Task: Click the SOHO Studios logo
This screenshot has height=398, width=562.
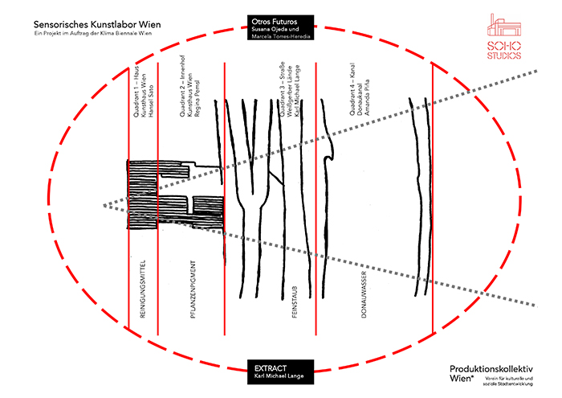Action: [x=503, y=36]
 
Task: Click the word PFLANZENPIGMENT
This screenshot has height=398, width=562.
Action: [x=193, y=291]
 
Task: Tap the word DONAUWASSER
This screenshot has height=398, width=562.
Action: [x=364, y=297]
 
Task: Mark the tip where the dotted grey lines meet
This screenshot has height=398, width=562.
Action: [x=104, y=206]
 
